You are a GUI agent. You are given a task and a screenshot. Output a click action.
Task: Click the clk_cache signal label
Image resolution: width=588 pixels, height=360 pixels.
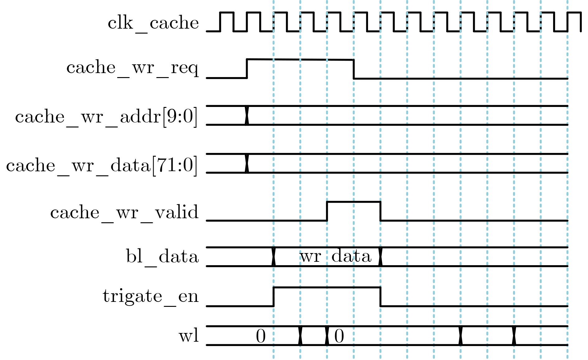[x=153, y=23]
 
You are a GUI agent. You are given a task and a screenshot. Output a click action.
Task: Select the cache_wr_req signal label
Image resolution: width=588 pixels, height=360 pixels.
[x=133, y=68]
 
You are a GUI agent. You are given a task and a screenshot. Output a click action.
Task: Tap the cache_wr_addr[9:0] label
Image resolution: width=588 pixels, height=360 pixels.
[x=106, y=117]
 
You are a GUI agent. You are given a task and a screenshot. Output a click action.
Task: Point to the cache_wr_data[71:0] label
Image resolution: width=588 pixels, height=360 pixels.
[x=102, y=165]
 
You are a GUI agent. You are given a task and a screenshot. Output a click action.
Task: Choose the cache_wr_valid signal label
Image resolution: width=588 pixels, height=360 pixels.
[x=124, y=213]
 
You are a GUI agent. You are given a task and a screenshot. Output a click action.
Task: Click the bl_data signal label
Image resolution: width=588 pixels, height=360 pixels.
[x=162, y=257]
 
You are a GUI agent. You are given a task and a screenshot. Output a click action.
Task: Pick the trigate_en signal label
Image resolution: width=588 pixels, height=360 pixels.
[x=151, y=296]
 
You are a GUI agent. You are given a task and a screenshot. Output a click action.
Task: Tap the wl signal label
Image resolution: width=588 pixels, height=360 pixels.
[x=189, y=336]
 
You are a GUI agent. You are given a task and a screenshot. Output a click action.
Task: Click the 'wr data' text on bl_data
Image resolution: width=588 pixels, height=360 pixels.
[x=335, y=257]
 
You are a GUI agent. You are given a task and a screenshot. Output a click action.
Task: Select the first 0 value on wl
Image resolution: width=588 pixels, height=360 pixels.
[x=261, y=336]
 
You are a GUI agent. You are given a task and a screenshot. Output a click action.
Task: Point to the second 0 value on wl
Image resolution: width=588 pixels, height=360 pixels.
[x=339, y=336]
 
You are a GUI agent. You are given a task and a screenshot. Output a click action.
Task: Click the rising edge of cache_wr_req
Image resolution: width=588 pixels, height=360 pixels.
[x=247, y=68]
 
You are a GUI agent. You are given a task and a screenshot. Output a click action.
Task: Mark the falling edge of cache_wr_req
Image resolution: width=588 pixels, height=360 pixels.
[x=354, y=69]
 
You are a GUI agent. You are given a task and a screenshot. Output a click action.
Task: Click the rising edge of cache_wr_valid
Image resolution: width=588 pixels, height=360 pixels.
[x=327, y=211]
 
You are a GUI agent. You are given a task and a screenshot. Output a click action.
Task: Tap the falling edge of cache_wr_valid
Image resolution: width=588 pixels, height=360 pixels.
[x=380, y=211]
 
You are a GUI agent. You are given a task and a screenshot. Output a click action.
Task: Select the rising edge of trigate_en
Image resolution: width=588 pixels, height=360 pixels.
[x=273, y=297]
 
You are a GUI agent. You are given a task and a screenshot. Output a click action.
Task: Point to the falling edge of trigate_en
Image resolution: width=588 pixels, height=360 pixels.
[x=380, y=297]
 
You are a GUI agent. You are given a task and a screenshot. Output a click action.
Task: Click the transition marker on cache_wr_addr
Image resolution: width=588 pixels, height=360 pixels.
[x=247, y=115]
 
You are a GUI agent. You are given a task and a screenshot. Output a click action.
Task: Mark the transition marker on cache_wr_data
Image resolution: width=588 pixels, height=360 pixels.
[x=247, y=163]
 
